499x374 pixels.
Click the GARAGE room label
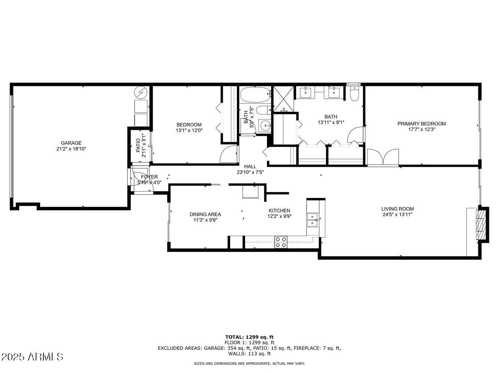(71, 143)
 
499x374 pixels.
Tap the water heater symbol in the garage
(141, 92)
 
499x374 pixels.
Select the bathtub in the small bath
(255, 95)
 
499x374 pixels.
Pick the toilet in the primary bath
(354, 93)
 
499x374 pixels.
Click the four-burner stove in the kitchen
(281, 242)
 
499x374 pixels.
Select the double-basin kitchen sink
(312, 220)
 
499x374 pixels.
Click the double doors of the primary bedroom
(383, 157)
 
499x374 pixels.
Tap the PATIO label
(138, 145)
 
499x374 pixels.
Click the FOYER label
(149, 177)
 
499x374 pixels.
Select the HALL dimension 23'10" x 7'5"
(250, 172)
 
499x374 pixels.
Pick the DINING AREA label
(205, 214)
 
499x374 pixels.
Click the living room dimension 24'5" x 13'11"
(397, 215)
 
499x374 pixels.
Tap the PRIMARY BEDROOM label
(422, 124)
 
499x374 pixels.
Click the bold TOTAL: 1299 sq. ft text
(249, 337)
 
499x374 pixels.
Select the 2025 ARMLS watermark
(32, 356)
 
